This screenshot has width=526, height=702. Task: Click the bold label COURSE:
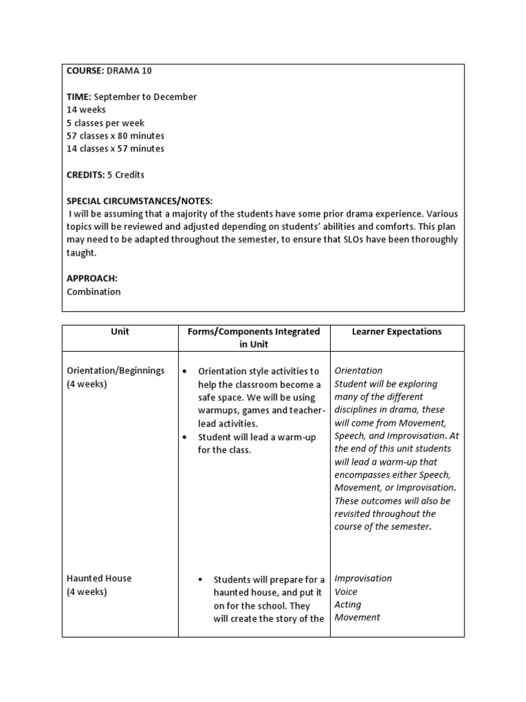coord(84,71)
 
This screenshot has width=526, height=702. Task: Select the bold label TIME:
coord(79,97)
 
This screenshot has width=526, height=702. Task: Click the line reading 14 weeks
coord(86,110)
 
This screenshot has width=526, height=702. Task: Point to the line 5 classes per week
coord(105,123)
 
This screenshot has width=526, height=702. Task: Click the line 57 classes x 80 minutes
coord(115,136)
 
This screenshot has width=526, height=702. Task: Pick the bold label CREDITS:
coord(85,175)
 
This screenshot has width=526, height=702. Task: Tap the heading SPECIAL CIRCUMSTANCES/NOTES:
coord(140,201)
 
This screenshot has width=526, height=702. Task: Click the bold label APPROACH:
coord(92,279)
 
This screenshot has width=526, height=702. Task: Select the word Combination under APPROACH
coord(94,291)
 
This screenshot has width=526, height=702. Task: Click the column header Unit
coord(120,332)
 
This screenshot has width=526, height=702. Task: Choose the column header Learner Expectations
coord(397,332)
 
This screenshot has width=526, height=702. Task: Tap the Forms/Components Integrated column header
coord(253,338)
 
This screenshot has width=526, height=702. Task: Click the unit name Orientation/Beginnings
coord(116,371)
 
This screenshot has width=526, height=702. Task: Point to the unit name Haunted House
coord(99,579)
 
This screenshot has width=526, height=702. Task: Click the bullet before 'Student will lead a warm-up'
coord(186,437)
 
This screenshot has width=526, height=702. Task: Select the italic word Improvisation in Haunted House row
coord(363,579)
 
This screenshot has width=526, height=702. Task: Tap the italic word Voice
coord(346,592)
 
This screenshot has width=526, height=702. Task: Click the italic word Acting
coord(347,605)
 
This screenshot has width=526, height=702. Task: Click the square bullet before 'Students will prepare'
coord(203,580)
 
